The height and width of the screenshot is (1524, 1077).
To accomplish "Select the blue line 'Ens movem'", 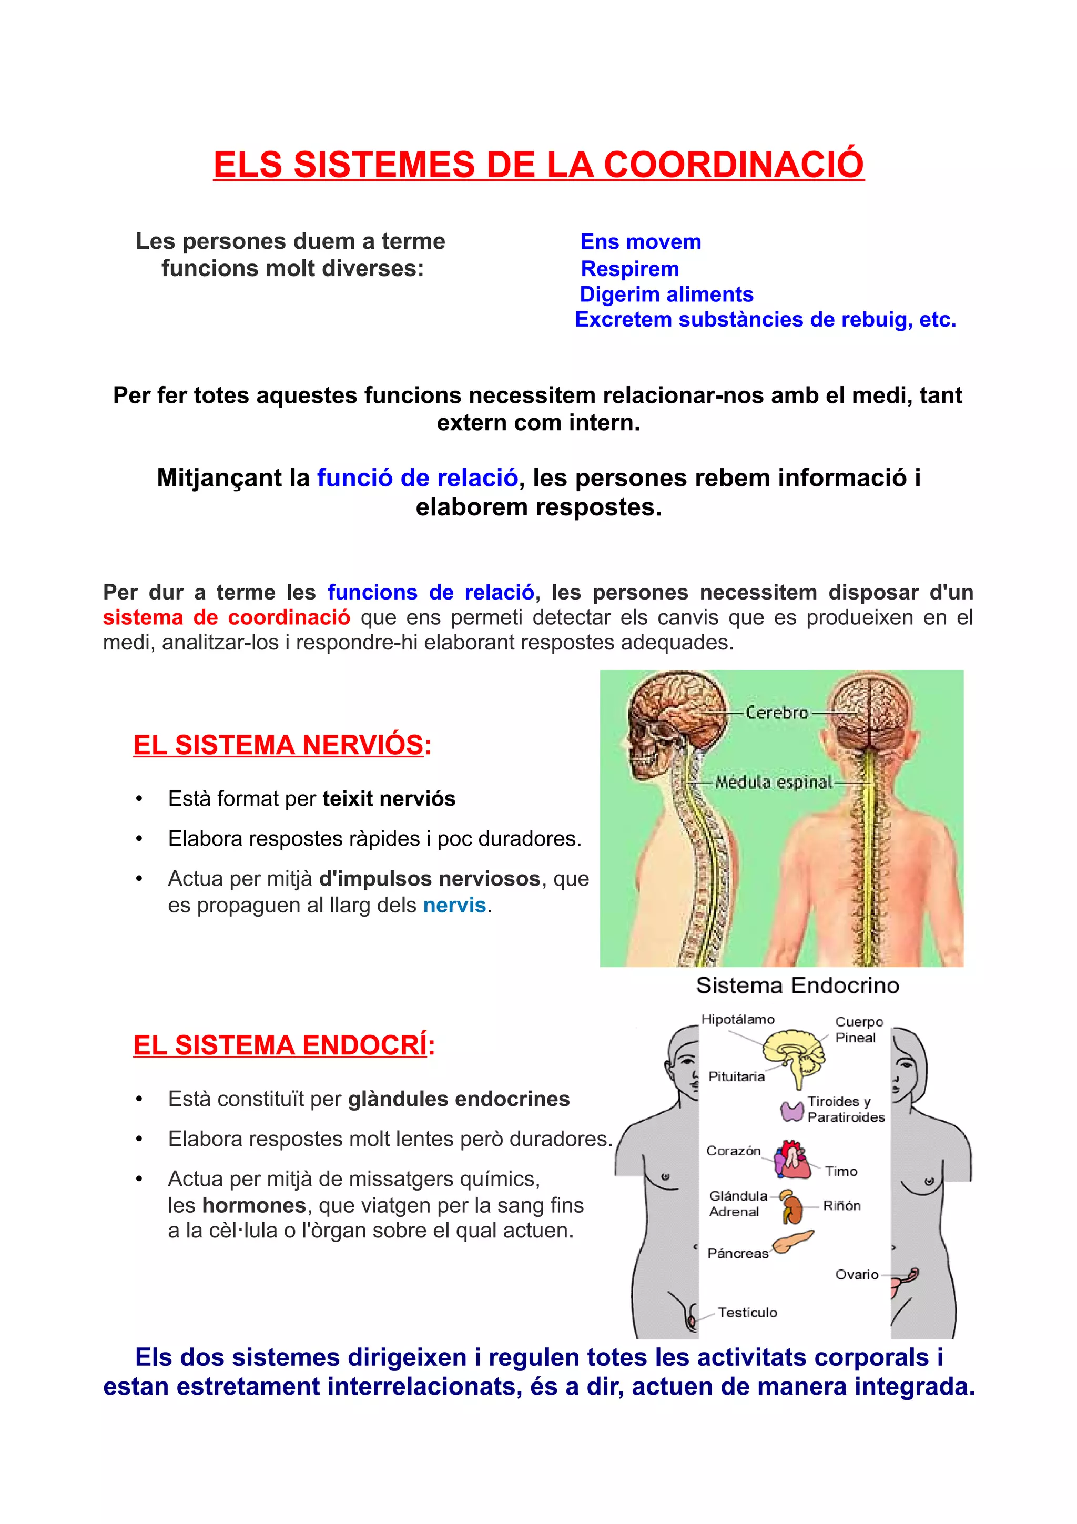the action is (641, 241).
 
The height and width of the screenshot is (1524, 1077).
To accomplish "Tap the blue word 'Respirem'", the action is (630, 269).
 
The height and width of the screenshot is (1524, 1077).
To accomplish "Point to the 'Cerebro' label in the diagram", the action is (776, 713).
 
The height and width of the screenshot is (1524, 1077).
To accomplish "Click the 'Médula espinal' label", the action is (773, 783).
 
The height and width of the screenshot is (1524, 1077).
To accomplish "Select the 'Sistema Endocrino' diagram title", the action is (797, 985).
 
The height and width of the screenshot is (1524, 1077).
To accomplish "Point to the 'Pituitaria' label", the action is (736, 1076).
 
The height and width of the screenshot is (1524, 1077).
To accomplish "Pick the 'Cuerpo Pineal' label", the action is (858, 1030).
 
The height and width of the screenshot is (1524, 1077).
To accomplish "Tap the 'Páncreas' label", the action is (737, 1253).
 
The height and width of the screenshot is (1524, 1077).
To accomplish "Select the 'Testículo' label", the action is (747, 1312).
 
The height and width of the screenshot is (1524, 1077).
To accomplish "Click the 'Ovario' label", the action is (856, 1274).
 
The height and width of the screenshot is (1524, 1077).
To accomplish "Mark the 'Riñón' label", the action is (841, 1205).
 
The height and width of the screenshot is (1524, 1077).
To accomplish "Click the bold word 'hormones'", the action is (254, 1205).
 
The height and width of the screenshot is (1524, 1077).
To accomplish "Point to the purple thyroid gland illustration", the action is (791, 1111).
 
